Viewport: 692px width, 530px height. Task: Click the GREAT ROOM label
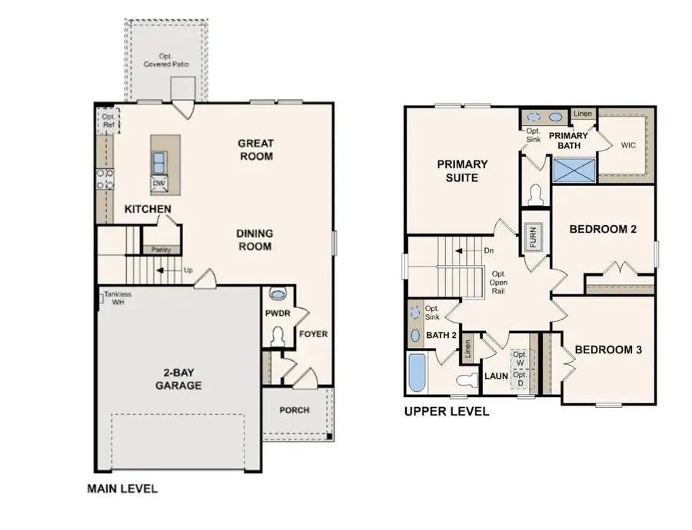255,149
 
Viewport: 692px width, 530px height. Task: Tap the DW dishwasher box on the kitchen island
158,183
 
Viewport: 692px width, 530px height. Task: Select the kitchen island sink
159,162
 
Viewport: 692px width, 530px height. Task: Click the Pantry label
161,250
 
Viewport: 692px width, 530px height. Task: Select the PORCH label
294,410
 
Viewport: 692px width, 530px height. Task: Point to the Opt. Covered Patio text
166,60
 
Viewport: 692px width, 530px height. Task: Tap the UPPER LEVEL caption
447,412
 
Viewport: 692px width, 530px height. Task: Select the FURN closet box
532,235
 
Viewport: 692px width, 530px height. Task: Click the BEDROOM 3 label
609,349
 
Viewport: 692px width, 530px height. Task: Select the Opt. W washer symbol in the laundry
521,359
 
